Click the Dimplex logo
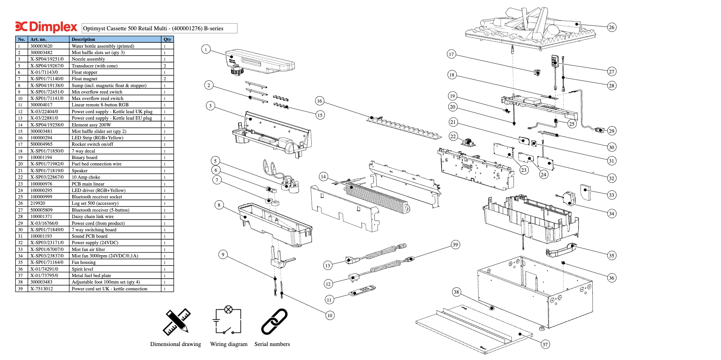point(46,27)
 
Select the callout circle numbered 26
point(612,27)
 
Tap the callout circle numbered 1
point(206,49)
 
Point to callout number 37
point(545,344)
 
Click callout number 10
point(330,315)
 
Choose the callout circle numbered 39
point(455,245)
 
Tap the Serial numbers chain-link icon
point(274,322)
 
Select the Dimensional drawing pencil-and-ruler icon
point(176,322)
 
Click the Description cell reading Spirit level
point(83,269)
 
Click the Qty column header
point(167,39)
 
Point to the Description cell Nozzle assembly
point(88,59)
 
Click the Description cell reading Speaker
point(80,171)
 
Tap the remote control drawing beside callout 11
point(362,291)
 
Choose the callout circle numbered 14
point(323,176)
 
